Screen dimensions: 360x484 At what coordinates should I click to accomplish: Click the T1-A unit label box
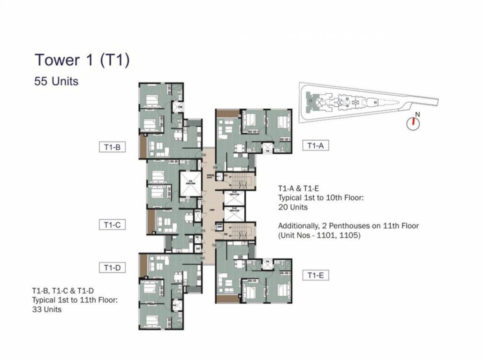click(x=316, y=146)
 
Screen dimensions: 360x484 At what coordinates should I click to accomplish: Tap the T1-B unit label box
click(x=112, y=147)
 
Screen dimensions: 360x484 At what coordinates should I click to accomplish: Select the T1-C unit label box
click(x=112, y=225)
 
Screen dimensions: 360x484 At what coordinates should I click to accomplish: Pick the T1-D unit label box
click(x=112, y=268)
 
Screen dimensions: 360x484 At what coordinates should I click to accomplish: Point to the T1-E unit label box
click(x=316, y=275)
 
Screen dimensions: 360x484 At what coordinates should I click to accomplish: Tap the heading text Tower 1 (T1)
click(x=82, y=60)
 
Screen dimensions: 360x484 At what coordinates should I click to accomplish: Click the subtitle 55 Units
click(x=56, y=81)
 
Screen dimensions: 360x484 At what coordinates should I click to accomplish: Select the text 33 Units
click(x=46, y=309)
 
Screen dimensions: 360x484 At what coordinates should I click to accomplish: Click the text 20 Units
click(x=293, y=207)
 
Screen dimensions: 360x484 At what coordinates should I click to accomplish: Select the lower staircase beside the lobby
click(x=242, y=232)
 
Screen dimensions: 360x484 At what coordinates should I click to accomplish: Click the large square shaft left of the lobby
click(x=189, y=183)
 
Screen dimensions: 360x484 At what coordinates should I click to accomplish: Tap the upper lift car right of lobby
click(x=235, y=198)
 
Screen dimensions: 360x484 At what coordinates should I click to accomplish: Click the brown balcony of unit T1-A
click(x=227, y=113)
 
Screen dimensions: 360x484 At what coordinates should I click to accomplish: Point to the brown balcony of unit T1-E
click(x=227, y=299)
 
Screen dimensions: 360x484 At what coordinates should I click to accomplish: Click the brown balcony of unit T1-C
click(x=151, y=222)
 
